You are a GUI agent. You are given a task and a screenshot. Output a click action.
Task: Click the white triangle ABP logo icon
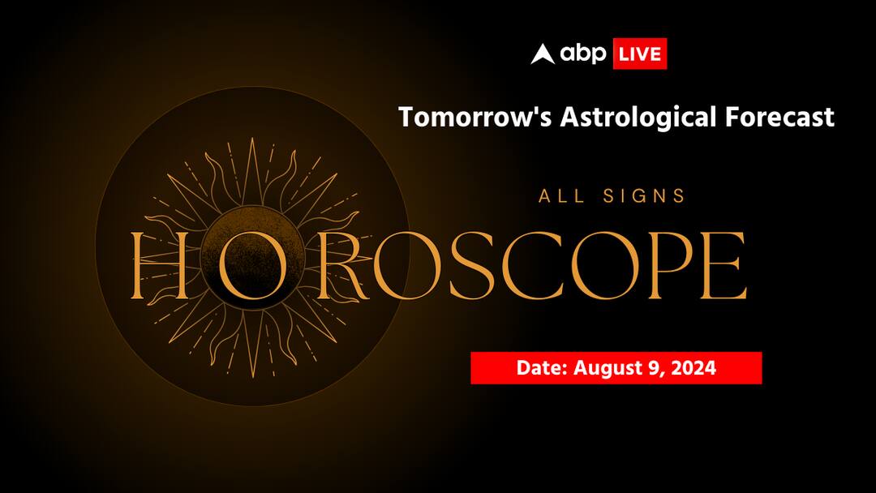tap(543, 54)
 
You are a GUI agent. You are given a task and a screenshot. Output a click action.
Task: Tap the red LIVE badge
tap(639, 54)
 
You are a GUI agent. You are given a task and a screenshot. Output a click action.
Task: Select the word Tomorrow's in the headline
tap(462, 117)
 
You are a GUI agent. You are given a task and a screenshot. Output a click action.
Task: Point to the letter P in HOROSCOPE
tap(665, 265)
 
